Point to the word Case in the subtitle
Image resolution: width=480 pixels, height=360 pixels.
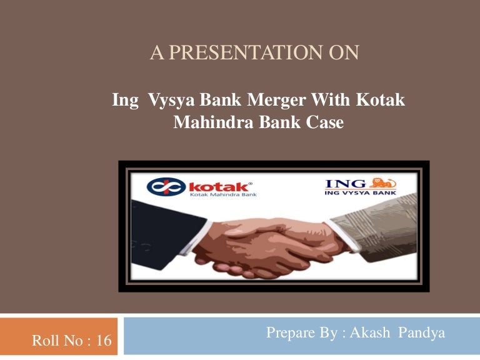point(325,122)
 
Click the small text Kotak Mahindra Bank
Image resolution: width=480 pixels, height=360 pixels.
point(222,195)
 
